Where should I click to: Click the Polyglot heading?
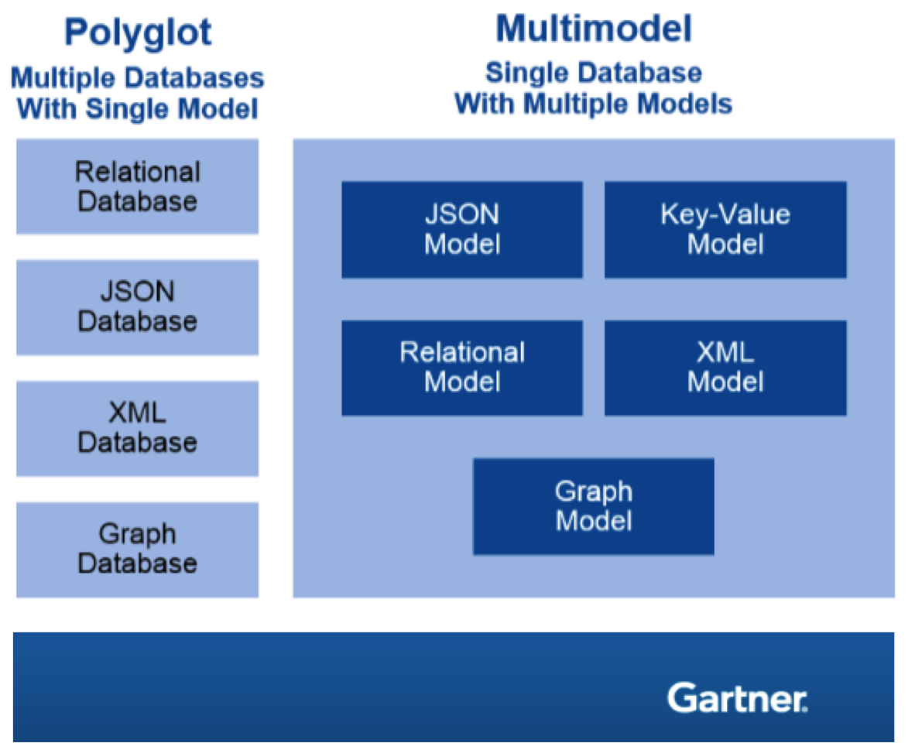click(x=138, y=33)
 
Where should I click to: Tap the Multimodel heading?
click(x=593, y=29)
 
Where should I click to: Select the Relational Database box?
click(x=137, y=187)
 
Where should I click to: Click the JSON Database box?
click(x=137, y=307)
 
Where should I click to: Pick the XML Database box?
click(x=137, y=428)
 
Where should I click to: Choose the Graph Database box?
click(x=137, y=549)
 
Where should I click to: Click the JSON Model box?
click(x=462, y=229)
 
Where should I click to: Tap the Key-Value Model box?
click(x=725, y=229)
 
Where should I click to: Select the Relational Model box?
click(x=462, y=368)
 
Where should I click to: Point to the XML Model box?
click(x=725, y=368)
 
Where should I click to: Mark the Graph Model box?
click(x=594, y=506)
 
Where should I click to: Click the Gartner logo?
click(x=737, y=697)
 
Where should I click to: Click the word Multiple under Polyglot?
click(x=63, y=78)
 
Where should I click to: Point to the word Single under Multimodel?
click(x=526, y=73)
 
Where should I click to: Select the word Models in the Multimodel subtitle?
click(x=684, y=104)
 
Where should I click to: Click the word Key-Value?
click(x=725, y=214)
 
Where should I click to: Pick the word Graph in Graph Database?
click(x=137, y=534)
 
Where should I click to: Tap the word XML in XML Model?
click(x=725, y=353)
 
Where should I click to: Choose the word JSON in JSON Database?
click(x=137, y=292)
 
